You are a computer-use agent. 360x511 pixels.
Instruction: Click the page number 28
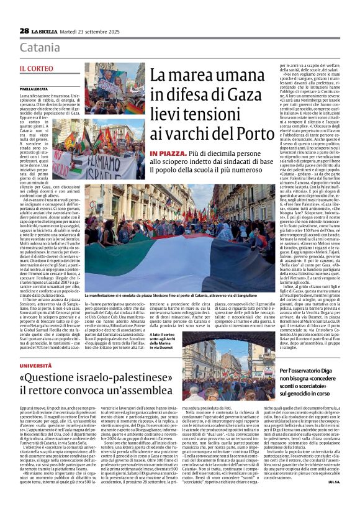tap(24, 31)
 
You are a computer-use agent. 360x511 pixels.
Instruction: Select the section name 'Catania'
tap(40, 47)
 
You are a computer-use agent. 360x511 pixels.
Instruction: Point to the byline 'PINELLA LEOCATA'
tap(34, 89)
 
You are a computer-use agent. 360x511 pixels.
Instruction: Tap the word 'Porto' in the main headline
tap(236, 134)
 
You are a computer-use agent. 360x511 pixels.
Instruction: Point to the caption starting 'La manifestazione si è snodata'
tap(180, 296)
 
